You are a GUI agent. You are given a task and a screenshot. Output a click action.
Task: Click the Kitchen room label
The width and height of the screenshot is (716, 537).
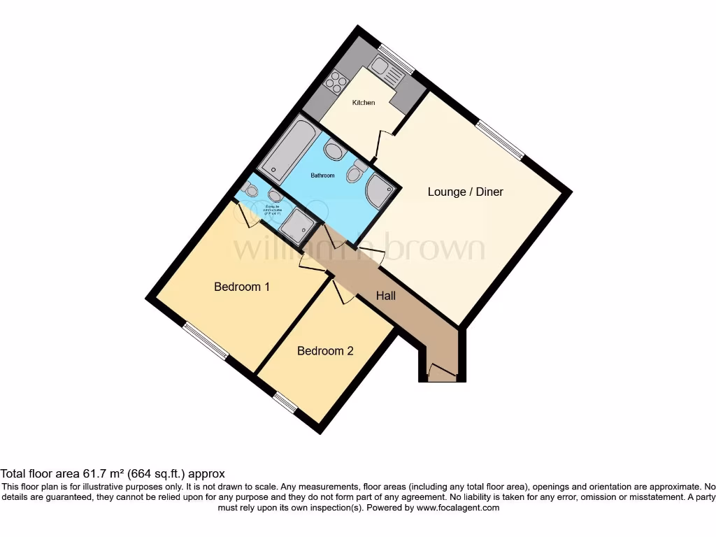point(363,103)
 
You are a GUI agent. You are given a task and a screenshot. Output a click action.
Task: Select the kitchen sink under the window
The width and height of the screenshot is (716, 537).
point(384,69)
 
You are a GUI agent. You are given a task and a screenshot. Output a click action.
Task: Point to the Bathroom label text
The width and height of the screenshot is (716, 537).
point(322,176)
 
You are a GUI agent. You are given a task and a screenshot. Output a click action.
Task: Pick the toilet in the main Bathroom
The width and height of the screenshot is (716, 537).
point(357,171)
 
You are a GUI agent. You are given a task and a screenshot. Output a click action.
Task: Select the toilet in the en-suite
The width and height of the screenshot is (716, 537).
point(250,187)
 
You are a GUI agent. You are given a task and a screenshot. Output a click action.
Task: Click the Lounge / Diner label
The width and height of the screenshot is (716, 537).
point(465,192)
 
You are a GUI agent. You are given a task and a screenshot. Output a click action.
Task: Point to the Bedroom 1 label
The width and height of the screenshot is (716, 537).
point(242,287)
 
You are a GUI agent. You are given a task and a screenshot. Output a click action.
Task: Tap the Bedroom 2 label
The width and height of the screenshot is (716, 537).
point(325,351)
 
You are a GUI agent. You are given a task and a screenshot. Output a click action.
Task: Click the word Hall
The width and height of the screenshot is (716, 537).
point(386,296)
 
